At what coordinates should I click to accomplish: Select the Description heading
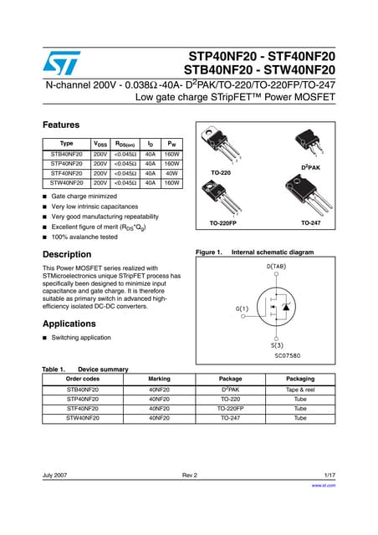pyautogui.click(x=67, y=254)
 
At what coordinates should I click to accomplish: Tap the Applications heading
pyautogui.click(x=69, y=323)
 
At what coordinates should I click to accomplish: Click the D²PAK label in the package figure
pyautogui.click(x=311, y=168)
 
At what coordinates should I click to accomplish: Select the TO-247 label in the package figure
pyautogui.click(x=311, y=223)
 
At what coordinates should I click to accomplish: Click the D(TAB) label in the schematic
pyautogui.click(x=275, y=267)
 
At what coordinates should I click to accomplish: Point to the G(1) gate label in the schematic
pyautogui.click(x=242, y=309)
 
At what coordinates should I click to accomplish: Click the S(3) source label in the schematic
pyautogui.click(x=275, y=344)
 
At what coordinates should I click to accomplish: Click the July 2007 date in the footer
pyautogui.click(x=56, y=476)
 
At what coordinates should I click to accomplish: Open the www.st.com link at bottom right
pyautogui.click(x=323, y=485)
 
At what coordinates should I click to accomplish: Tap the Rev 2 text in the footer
pyautogui.click(x=189, y=476)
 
